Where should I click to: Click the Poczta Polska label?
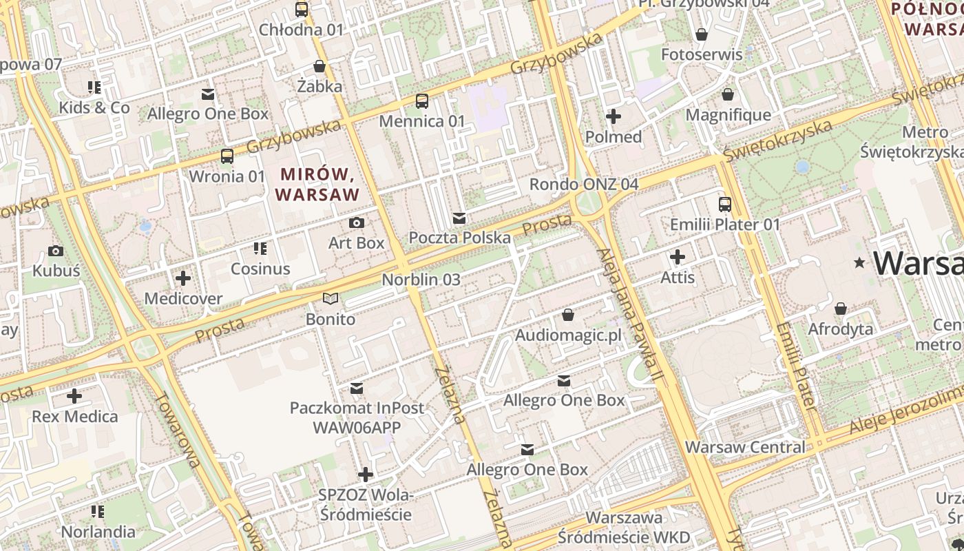click(459, 238)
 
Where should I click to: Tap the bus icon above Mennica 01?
click(422, 101)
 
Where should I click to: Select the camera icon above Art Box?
click(356, 222)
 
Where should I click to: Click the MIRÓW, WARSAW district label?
click(317, 184)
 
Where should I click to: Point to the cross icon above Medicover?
click(183, 278)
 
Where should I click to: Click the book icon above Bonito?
click(331, 299)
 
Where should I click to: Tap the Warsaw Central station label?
click(744, 447)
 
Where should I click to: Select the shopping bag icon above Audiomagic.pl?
click(568, 315)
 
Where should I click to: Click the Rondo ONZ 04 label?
click(583, 184)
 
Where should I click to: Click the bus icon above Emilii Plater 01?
click(725, 204)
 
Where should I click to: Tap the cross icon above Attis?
click(678, 257)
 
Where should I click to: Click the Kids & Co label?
click(94, 107)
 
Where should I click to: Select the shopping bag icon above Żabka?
click(319, 66)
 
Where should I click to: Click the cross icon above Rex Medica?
click(74, 396)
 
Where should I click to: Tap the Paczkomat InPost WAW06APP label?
click(357, 417)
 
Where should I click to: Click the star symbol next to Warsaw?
click(859, 263)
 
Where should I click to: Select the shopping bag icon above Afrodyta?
click(840, 309)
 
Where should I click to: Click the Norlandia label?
click(98, 532)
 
